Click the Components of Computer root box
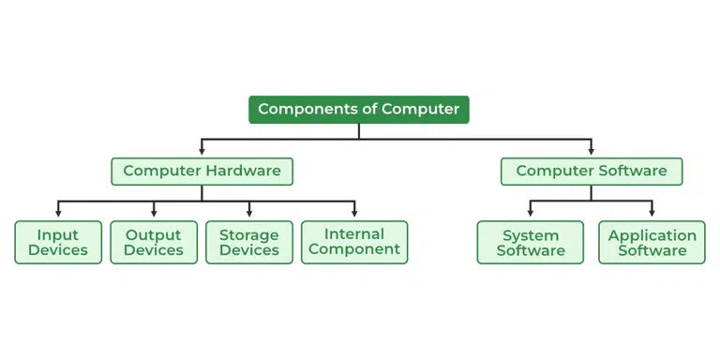(x=358, y=110)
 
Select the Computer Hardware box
(x=202, y=171)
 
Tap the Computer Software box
(x=591, y=171)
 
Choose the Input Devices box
(x=58, y=242)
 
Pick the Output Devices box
(x=154, y=242)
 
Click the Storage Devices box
(x=249, y=242)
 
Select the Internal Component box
(x=354, y=242)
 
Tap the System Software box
(x=531, y=242)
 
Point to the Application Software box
(x=652, y=242)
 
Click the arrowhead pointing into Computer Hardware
(x=202, y=151)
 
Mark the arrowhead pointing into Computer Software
(x=591, y=151)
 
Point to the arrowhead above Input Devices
(x=58, y=215)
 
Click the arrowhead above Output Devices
(x=154, y=215)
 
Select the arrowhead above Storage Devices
(x=249, y=215)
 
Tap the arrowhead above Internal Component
(x=354, y=215)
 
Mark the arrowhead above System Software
(x=531, y=215)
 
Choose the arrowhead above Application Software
(x=652, y=215)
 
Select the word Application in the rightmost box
(x=652, y=235)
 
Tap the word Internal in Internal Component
(x=354, y=234)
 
